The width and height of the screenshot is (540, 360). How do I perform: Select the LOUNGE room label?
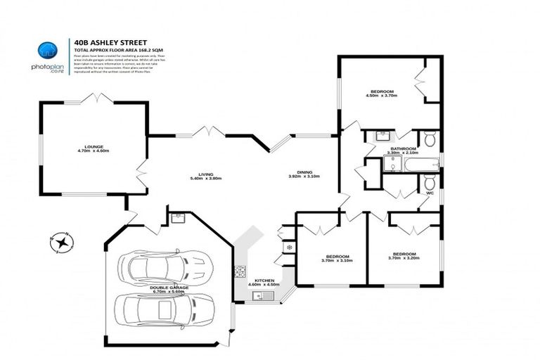tap(94, 146)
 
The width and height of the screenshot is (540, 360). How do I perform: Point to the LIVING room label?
tap(206, 174)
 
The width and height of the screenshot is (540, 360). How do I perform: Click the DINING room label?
tap(304, 172)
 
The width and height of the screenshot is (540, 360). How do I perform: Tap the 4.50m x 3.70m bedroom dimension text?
tap(382, 96)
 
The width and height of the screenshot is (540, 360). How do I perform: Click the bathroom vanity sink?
tap(383, 135)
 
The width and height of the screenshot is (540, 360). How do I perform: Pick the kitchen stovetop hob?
tap(240, 270)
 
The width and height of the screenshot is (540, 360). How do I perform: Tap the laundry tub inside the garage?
tap(177, 217)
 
